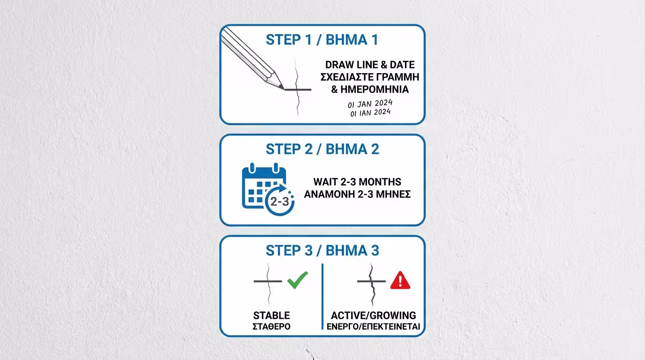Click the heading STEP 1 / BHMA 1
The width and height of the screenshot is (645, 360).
pos(322,40)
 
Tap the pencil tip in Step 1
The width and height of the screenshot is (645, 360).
pos(283,89)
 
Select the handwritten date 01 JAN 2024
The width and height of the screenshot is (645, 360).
pos(370,104)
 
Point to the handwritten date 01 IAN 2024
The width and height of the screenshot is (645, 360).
pos(370,112)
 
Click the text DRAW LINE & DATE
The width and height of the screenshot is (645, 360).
pos(370,65)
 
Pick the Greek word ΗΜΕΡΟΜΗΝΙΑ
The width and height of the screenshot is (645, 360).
pos(375,89)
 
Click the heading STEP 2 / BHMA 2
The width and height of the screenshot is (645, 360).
pos(322,149)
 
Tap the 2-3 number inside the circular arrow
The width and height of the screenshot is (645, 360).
pos(279,201)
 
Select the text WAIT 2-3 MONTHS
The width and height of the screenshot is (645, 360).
pos(357,182)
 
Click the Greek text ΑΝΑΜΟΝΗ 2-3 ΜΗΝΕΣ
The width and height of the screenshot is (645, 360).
pos(357,194)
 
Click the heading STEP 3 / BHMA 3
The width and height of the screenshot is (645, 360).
pos(322,251)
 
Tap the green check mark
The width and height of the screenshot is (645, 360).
pos(298,280)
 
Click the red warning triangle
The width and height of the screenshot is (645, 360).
pos(400,280)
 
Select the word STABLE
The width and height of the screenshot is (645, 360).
pos(271,315)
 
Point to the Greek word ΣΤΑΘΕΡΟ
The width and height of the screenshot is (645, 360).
pos(271,326)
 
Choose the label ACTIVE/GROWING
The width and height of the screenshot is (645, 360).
pos(373,315)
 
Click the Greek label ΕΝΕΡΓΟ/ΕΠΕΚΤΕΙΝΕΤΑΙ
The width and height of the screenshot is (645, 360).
pos(373,326)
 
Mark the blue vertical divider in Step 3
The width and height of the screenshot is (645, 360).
pos(322,296)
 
